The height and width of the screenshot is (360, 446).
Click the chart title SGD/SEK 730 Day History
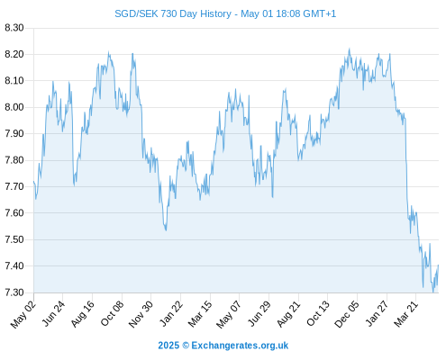(173, 13)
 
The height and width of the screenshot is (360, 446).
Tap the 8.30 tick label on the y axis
(14, 28)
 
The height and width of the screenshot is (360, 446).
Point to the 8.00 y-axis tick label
(14, 107)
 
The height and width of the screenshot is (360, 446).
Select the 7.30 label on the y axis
(14, 292)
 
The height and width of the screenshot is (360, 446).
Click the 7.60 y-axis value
(14, 213)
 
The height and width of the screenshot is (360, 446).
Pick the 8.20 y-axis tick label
(14, 54)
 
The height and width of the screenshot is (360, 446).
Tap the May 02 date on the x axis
(23, 314)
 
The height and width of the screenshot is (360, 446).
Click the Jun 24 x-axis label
(53, 314)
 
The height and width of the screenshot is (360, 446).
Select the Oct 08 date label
(112, 314)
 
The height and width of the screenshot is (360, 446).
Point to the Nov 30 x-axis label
(141, 314)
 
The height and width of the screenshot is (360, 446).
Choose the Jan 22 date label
(170, 314)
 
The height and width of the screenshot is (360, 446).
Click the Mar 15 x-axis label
(200, 314)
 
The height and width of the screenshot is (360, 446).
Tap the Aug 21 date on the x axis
(288, 314)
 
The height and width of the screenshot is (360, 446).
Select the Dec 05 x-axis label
(347, 314)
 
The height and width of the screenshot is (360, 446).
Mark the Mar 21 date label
(406, 314)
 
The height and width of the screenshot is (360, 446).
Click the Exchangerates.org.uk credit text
(240, 346)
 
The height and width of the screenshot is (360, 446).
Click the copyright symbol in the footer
(186, 346)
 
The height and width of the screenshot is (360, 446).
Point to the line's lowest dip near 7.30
(432, 292)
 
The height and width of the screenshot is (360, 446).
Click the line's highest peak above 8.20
(349, 49)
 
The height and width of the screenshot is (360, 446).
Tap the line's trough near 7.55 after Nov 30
(166, 229)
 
